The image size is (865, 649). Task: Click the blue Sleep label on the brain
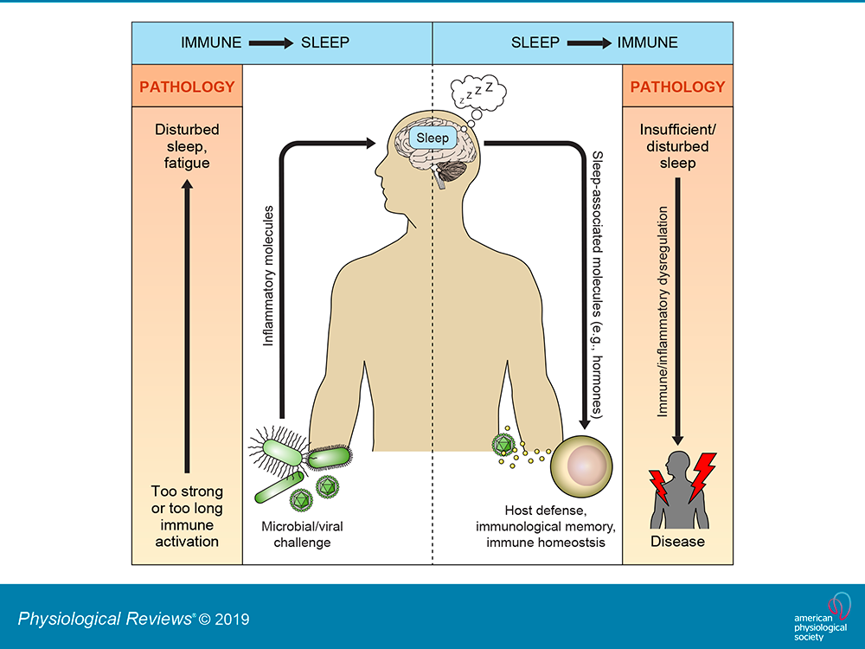[432, 138]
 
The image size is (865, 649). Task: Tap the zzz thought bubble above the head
[478, 93]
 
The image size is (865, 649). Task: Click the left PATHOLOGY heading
[187, 87]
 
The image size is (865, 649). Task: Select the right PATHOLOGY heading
[677, 87]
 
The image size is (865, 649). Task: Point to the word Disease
[677, 542]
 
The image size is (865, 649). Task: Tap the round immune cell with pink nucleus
[581, 466]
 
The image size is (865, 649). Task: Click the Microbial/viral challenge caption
[302, 534]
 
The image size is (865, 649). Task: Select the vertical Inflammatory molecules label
[268, 276]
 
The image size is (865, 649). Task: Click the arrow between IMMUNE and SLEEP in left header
[271, 43]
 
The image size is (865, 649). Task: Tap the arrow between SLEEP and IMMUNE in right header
[589, 43]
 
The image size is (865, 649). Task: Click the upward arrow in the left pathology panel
[187, 327]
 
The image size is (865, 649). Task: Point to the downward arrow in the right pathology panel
[678, 312]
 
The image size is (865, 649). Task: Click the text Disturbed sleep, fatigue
[187, 146]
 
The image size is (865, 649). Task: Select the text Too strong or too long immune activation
[187, 516]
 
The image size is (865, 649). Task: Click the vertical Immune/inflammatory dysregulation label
[663, 312]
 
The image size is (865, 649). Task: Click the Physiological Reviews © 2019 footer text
[133, 619]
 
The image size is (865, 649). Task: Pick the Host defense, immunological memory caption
[546, 526]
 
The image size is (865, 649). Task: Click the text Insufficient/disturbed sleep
[677, 146]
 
